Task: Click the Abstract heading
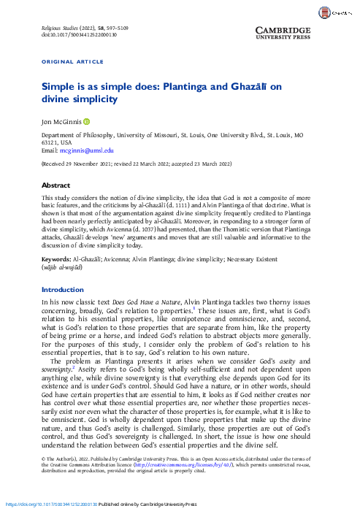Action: (55, 185)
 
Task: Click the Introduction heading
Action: (63, 290)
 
